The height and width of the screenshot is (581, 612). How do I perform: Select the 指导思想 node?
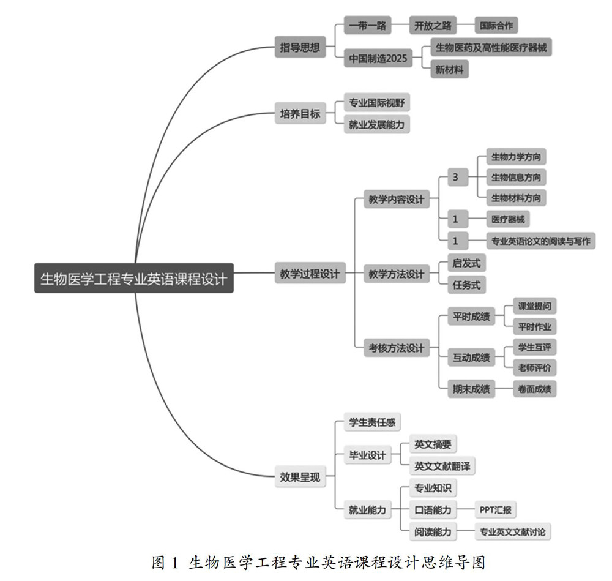click(x=300, y=47)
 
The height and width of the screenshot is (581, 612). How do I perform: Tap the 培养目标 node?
click(x=300, y=113)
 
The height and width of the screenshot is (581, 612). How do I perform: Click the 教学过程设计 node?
click(x=310, y=273)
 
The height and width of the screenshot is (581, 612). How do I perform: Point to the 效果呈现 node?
click(x=300, y=478)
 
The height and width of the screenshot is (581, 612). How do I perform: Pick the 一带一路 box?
click(x=367, y=26)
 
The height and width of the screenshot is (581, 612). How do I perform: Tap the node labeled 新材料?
click(x=449, y=70)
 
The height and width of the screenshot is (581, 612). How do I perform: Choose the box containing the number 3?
click(x=455, y=178)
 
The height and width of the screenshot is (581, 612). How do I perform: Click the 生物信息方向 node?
click(x=515, y=178)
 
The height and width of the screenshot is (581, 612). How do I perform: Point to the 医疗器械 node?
click(x=507, y=219)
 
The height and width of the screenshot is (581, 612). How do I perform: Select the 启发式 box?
click(x=466, y=263)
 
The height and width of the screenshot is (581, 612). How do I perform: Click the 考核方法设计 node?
click(x=395, y=348)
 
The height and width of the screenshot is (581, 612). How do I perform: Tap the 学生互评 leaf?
click(x=534, y=347)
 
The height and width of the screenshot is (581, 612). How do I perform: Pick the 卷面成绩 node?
click(x=534, y=388)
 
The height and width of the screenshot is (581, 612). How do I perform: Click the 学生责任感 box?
click(x=371, y=422)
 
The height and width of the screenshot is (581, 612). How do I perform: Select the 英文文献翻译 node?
click(x=443, y=466)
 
